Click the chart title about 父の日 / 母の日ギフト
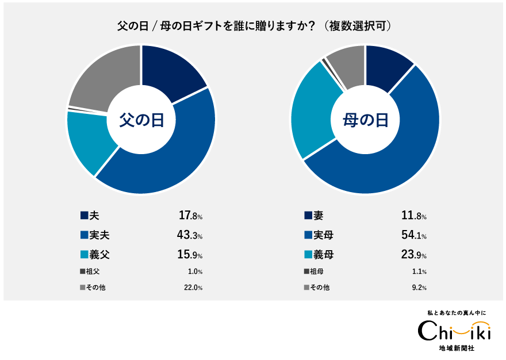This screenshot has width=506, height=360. (254, 26)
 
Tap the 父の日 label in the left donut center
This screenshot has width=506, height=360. (141, 120)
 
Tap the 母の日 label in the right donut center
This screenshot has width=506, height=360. (365, 120)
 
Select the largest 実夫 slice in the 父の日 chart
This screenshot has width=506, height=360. (167, 161)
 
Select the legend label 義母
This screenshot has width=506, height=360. (323, 254)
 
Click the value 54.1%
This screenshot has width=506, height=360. (413, 235)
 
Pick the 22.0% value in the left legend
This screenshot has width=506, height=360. (193, 288)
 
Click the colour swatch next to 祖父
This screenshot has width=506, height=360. (83, 271)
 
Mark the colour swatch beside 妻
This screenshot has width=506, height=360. (308, 216)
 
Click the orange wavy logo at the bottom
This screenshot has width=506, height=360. (470, 328)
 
